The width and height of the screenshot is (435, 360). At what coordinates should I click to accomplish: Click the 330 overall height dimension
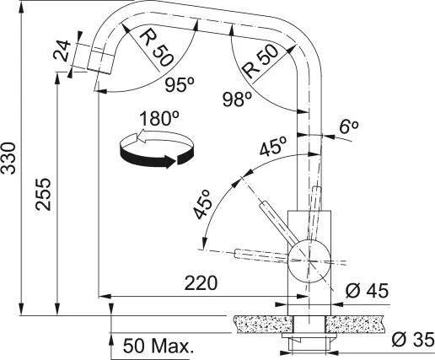click(8, 159)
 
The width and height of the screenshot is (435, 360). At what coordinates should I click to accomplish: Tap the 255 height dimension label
click(43, 194)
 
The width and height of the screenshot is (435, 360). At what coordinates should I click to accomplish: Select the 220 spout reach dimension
click(201, 283)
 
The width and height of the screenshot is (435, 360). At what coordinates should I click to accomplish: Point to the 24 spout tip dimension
click(62, 51)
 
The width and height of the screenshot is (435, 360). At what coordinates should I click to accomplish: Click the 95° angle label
click(180, 84)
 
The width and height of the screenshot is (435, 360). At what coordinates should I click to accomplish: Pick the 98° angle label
click(238, 99)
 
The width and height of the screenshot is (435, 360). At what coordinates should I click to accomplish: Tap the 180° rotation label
click(159, 118)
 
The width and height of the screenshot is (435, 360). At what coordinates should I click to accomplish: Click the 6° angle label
click(349, 127)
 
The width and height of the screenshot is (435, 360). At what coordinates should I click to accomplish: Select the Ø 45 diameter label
click(367, 291)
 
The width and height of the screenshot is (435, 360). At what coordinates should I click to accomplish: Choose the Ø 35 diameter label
click(413, 340)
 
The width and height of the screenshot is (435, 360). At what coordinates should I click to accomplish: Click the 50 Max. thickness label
click(158, 346)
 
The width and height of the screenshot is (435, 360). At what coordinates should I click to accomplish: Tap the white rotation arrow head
click(140, 137)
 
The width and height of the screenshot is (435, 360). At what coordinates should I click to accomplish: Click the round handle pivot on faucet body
click(309, 261)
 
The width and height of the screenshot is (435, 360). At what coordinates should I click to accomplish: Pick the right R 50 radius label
click(260, 62)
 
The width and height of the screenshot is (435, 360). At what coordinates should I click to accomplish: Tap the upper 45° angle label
click(273, 146)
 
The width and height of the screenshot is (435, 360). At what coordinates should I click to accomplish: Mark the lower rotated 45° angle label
click(202, 204)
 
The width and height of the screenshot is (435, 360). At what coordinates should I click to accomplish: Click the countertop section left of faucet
click(263, 325)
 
